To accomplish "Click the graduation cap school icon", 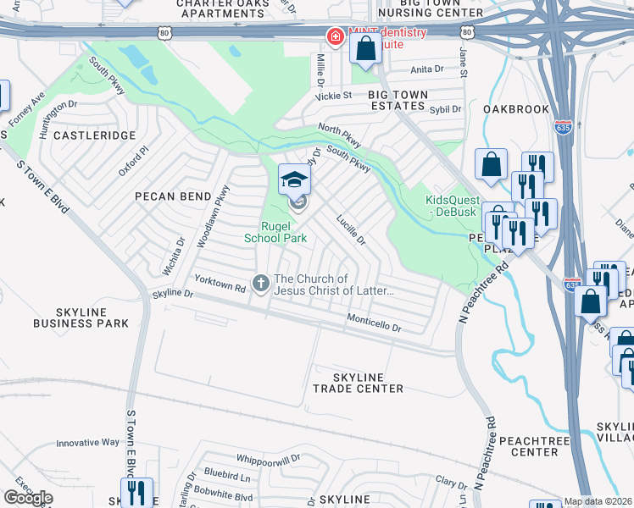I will point(294,179).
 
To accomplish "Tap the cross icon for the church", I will point(262,283).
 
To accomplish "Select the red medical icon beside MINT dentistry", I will point(335,36).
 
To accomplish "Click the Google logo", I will point(28,498).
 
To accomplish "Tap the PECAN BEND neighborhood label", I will point(172,196).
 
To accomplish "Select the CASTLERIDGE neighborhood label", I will point(94,135).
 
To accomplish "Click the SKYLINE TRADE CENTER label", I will point(358,383).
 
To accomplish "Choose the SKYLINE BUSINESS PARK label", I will point(81,317).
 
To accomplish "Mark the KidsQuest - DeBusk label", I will point(457,206).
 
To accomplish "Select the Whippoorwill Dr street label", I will point(269,458).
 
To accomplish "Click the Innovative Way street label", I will point(87,442).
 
